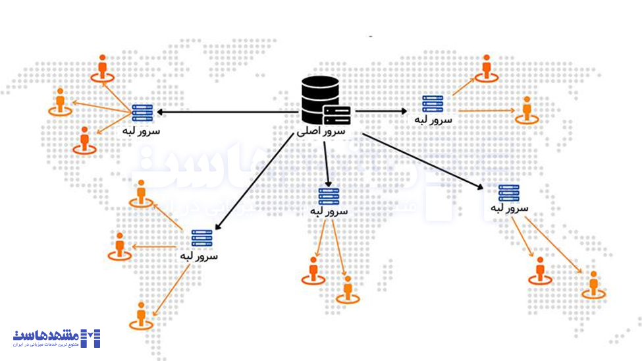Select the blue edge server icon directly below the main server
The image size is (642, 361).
click(329, 196)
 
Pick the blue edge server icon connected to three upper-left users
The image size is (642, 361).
click(142, 113)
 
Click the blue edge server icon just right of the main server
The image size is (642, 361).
click(433, 104)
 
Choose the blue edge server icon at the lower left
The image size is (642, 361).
click(201, 238)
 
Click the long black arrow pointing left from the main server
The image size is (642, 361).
click(224, 112)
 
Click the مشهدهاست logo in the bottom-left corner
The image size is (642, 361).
click(57, 338)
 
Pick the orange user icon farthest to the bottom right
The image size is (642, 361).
click(594, 285)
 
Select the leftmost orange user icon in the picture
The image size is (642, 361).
click(60, 101)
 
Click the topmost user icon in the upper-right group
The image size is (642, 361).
click(487, 68)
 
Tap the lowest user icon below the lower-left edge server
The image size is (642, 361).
click(141, 316)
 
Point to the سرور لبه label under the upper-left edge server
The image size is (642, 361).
click(141, 130)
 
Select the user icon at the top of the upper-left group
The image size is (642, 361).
click(102, 69)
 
